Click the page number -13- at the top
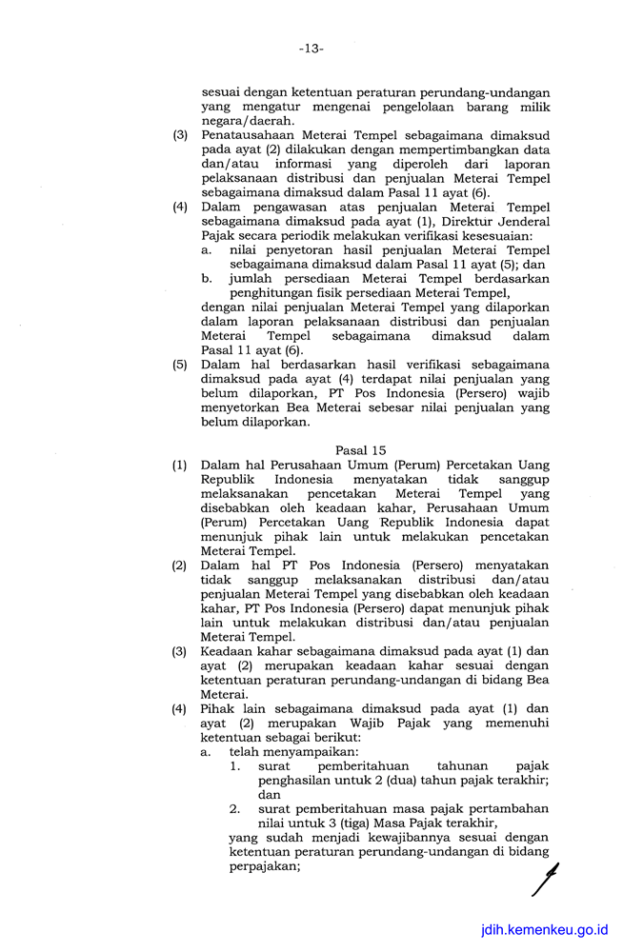(311, 49)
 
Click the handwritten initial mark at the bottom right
(545, 879)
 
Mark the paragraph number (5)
(179, 365)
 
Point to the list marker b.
(207, 279)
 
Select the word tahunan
(461, 765)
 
